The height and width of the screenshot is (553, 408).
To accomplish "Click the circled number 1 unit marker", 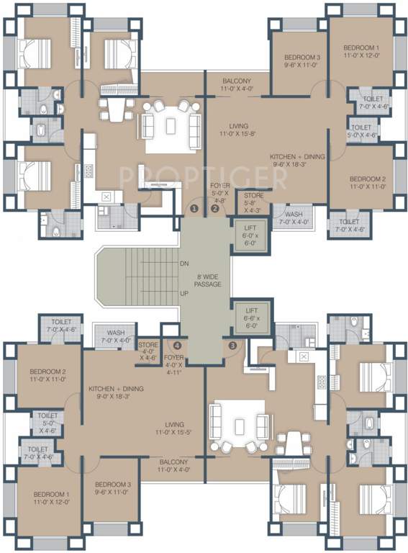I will tap(194, 209).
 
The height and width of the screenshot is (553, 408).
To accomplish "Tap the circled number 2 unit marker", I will tap(214, 209).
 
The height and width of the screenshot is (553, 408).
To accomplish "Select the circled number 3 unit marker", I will tap(232, 345).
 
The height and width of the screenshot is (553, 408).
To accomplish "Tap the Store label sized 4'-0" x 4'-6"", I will tap(148, 350).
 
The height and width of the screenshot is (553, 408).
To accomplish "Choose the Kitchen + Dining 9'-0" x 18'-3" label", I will tap(116, 392).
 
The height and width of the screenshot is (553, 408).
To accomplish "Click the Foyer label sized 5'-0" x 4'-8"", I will tap(219, 194).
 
